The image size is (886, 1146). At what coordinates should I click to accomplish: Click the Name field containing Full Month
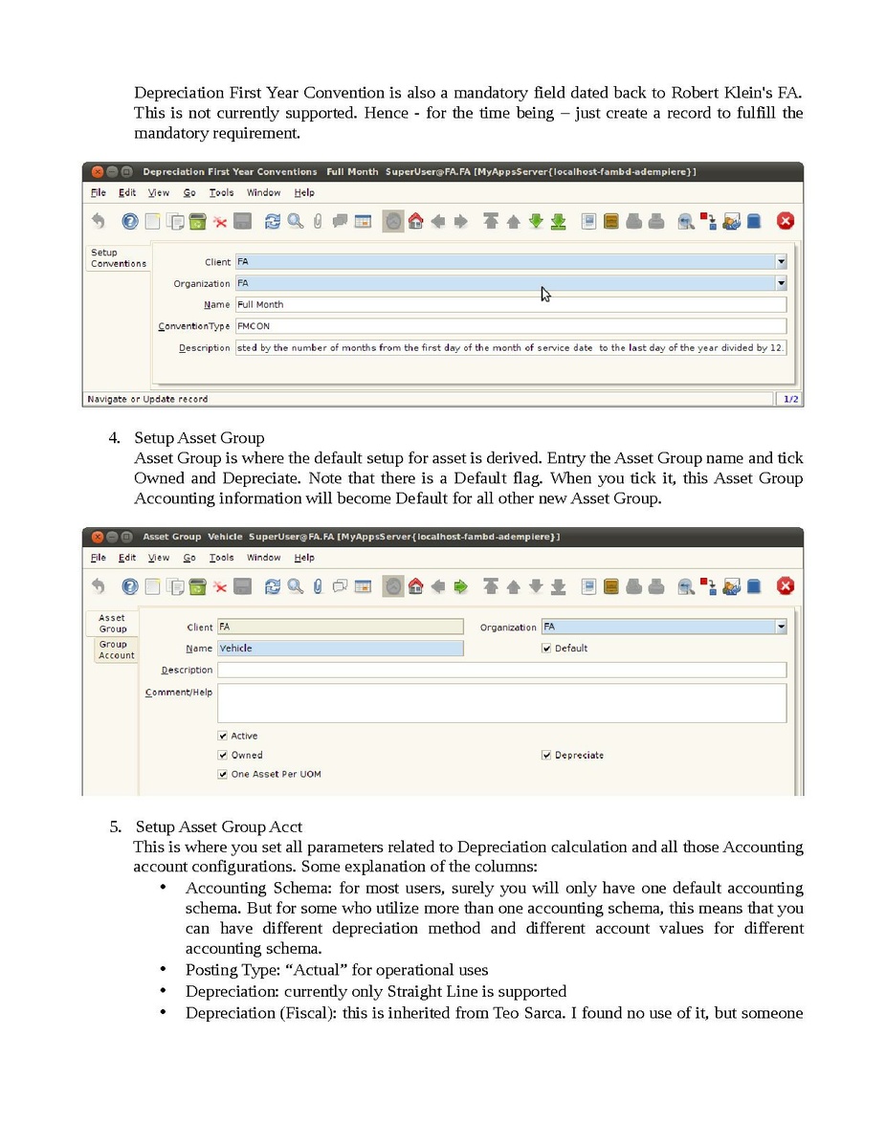click(x=510, y=304)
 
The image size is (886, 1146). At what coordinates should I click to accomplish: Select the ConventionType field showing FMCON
click(x=510, y=326)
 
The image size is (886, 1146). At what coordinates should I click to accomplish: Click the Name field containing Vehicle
click(x=340, y=649)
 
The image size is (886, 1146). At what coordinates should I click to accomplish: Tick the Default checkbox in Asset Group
click(x=547, y=649)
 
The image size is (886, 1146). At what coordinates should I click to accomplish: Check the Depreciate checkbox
click(x=547, y=756)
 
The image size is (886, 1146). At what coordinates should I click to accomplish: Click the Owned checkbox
click(x=224, y=756)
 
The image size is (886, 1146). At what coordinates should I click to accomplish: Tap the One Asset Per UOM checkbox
click(x=224, y=775)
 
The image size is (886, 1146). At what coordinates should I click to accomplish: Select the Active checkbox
click(x=224, y=737)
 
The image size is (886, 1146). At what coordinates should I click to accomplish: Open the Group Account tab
click(x=116, y=650)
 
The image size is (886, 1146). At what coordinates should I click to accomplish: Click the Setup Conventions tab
click(x=118, y=258)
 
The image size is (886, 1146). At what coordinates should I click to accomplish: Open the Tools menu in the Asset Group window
click(x=221, y=558)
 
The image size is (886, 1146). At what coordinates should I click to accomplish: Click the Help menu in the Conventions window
click(x=304, y=192)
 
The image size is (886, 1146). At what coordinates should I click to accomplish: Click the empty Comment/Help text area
click(x=501, y=702)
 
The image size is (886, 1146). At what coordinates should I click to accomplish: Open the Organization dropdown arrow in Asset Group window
click(x=781, y=628)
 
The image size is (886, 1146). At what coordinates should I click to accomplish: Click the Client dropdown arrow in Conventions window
click(x=781, y=261)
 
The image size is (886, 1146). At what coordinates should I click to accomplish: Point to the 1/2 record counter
click(x=790, y=399)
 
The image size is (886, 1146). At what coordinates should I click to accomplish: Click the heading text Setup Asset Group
click(x=199, y=438)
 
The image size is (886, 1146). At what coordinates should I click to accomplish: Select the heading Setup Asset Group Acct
click(x=219, y=826)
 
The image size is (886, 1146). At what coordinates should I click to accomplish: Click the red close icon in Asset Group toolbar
click(x=785, y=586)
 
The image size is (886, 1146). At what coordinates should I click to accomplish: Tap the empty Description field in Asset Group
click(x=501, y=671)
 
